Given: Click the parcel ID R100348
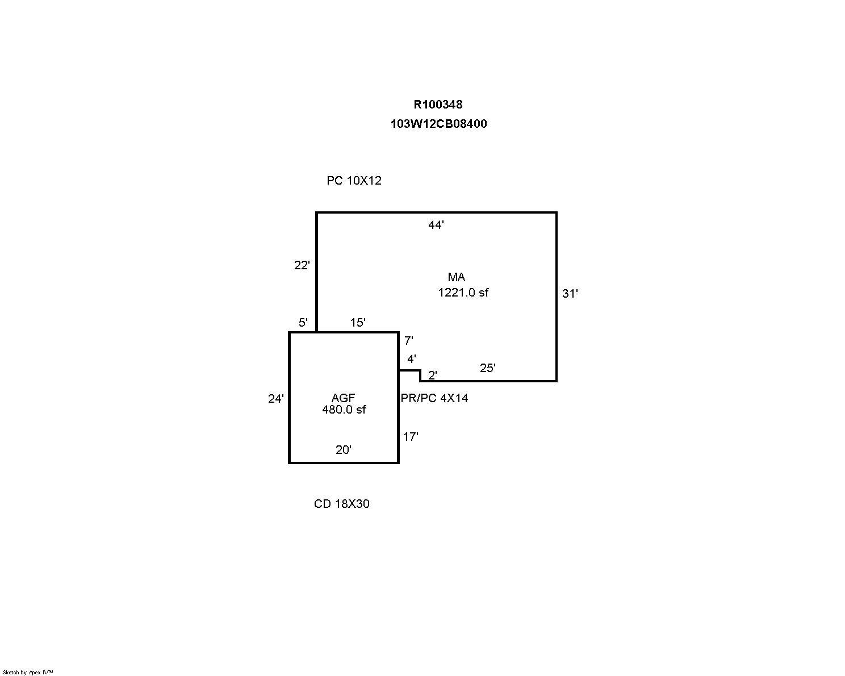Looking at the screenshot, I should (438, 105).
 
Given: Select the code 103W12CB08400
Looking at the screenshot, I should (438, 124).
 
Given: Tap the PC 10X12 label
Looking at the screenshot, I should (354, 181).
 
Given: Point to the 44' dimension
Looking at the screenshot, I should (436, 226).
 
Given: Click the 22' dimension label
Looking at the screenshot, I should (302, 265).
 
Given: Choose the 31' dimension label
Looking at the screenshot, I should (570, 294).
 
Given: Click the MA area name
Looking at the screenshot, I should (456, 277).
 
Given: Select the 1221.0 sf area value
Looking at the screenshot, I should (463, 293).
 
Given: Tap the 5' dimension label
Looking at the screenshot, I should (303, 323).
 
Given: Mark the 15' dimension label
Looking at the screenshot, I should (358, 323).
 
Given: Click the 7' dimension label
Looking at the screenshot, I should (408, 341).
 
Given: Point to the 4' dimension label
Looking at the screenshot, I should (412, 359).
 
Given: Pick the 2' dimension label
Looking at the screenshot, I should (433, 375).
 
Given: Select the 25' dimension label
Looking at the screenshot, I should (487, 368).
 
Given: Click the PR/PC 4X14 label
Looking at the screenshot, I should (434, 398).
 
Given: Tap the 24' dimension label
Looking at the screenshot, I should (275, 399).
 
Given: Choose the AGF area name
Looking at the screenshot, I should (343, 398).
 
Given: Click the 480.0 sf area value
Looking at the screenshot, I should (344, 409).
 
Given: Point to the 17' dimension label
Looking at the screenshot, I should (411, 437).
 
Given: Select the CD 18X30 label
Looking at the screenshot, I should (341, 504).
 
